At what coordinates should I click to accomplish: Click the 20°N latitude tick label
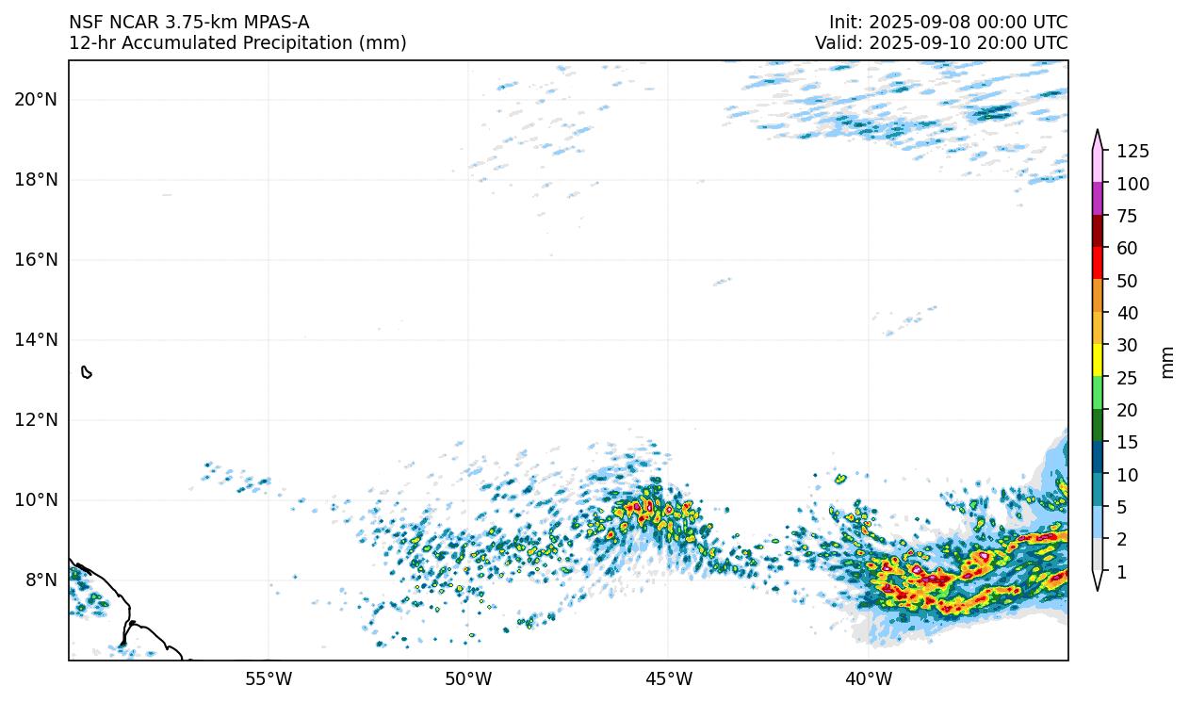(36, 99)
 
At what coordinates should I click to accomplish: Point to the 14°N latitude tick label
(36, 339)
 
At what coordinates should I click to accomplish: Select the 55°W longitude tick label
(269, 678)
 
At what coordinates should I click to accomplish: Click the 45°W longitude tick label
(668, 678)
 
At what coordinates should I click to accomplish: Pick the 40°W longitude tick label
(869, 678)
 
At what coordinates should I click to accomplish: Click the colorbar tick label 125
(1132, 151)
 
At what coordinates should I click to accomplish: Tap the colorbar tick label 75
(1128, 216)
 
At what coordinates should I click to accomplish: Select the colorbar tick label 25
(1128, 378)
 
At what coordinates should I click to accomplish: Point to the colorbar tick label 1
(1121, 572)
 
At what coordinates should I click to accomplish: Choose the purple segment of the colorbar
(1098, 199)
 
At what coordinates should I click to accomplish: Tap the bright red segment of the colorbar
(1098, 264)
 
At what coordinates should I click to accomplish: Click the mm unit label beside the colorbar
(1168, 362)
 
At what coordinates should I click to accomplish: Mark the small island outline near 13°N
(87, 372)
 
